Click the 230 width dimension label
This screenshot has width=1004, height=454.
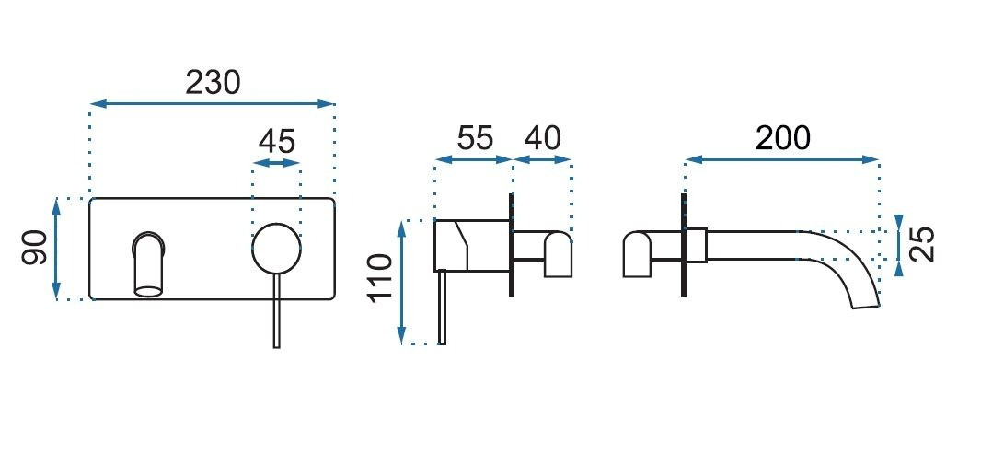pos(213,83)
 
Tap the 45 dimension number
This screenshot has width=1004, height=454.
pos(277,141)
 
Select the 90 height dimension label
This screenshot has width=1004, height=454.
pos(35,249)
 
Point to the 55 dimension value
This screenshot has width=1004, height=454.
pos(475,137)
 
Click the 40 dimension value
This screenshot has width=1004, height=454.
pos(542,137)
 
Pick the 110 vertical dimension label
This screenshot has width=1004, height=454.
pos(379,277)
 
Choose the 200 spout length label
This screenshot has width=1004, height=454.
pos(782,137)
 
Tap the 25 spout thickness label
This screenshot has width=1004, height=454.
pos(922,244)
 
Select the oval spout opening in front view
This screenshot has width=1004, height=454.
pos(148,291)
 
